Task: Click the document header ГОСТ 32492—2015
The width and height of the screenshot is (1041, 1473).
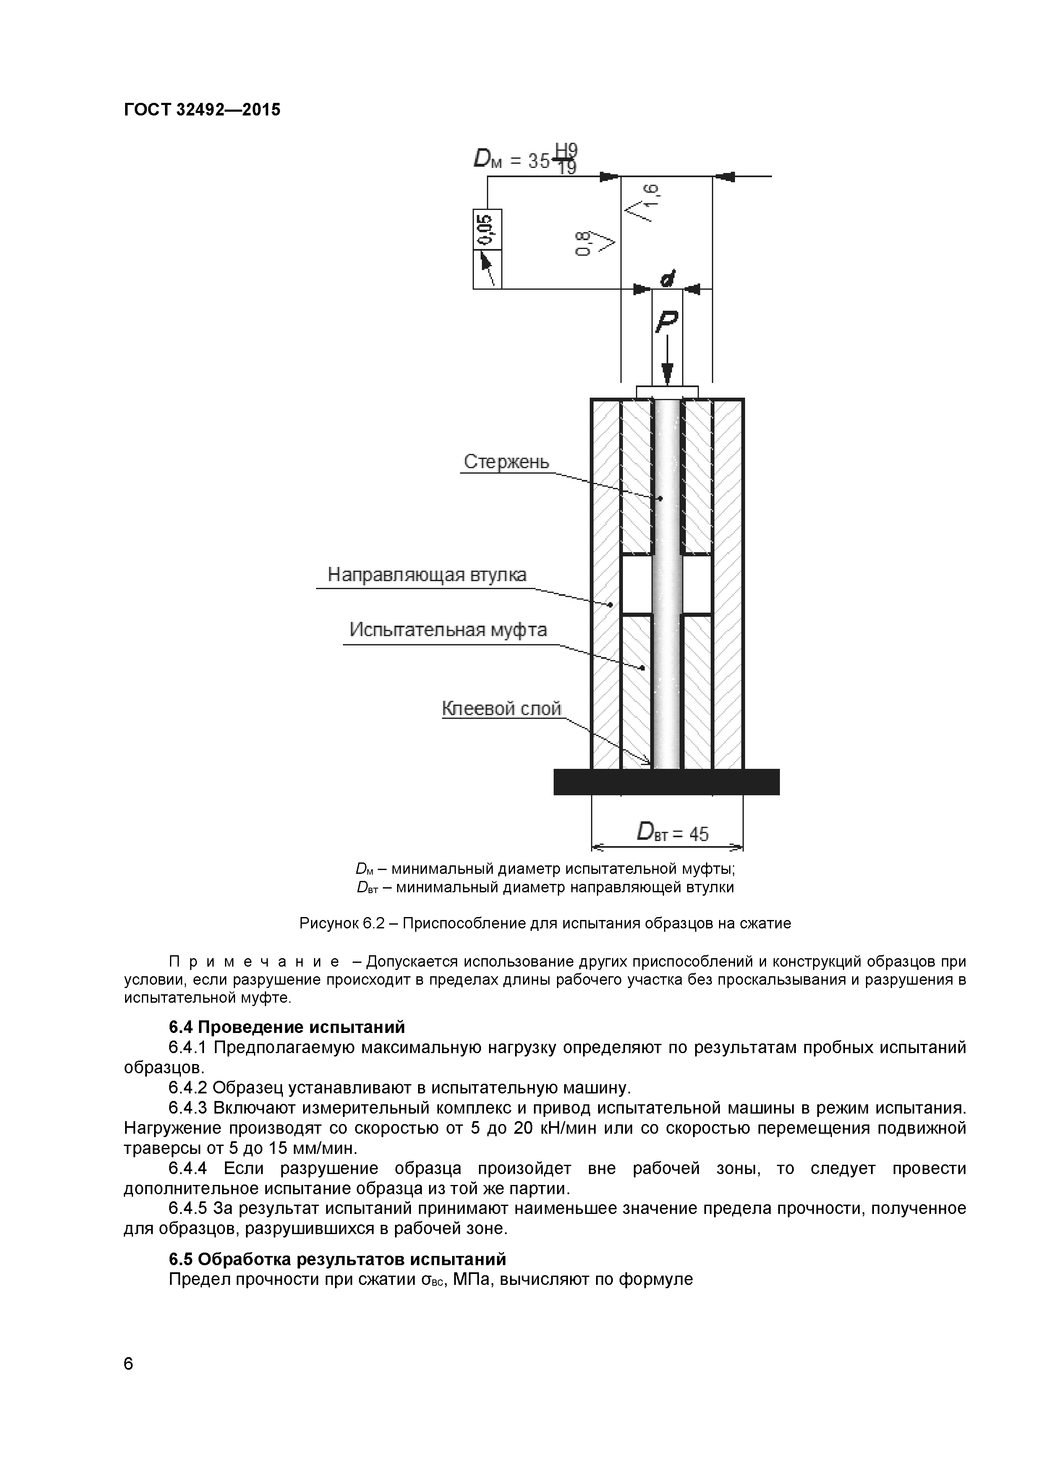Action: point(202,110)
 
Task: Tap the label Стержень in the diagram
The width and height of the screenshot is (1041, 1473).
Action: point(506,462)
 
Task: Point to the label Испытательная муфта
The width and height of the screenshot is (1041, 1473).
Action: point(448,630)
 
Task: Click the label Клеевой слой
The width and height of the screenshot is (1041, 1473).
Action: point(502,708)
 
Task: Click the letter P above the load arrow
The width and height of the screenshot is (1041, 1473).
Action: point(667,322)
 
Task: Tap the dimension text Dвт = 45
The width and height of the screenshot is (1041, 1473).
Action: point(672,833)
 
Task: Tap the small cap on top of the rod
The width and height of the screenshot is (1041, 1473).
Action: point(667,391)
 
